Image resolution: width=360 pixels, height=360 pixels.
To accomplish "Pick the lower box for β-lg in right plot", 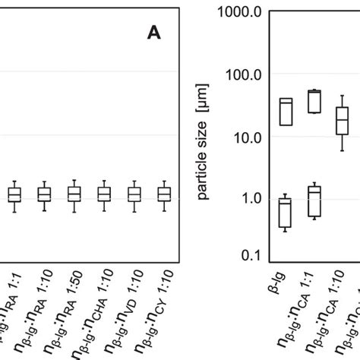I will pyautogui.click(x=286, y=212).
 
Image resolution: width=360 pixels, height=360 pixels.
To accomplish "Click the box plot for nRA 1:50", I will pyautogui.click(x=74, y=194).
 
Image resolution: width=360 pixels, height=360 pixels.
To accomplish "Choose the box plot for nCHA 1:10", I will pyautogui.click(x=103, y=194).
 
